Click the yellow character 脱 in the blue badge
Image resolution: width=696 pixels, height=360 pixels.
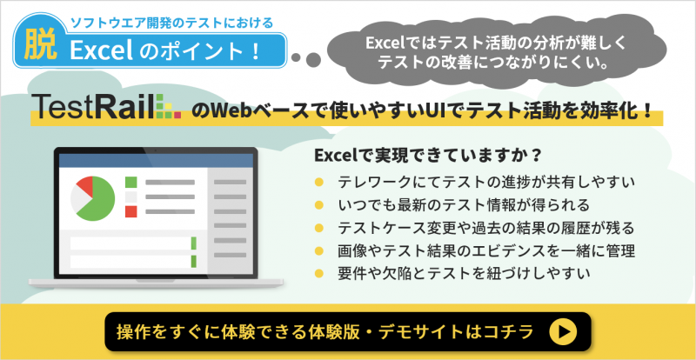click(40, 47)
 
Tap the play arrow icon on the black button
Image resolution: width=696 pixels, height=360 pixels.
click(563, 331)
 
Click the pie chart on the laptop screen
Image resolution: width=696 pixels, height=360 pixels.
click(93, 198)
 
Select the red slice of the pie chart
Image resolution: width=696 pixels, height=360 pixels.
click(84, 184)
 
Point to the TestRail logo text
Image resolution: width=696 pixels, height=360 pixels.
click(94, 107)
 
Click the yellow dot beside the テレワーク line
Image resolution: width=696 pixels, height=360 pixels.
click(318, 182)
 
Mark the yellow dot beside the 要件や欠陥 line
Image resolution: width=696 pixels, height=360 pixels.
click(318, 273)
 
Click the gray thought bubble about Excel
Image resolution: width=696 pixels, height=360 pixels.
click(496, 53)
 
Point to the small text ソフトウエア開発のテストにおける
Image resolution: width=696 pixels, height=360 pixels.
click(172, 23)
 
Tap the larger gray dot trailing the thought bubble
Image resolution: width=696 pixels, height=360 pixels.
click(313, 59)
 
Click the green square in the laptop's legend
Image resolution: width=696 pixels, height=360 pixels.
click(131, 182)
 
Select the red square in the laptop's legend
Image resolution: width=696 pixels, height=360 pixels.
click(131, 211)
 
